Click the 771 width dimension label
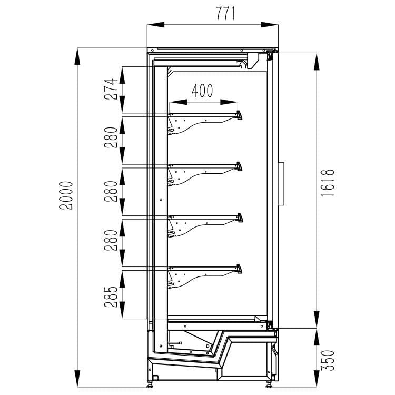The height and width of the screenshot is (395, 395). tap(225, 13)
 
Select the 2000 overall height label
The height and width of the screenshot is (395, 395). tap(66, 195)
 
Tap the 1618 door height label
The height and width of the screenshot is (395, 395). tap(328, 183)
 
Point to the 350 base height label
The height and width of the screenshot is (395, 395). tap(328, 360)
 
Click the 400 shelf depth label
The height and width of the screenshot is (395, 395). tap(202, 91)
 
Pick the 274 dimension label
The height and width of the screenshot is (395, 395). tap(111, 89)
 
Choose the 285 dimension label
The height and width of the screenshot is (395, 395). tap(111, 297)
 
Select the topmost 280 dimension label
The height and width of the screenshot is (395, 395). tap(111, 137)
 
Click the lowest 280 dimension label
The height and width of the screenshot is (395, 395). tap(111, 240)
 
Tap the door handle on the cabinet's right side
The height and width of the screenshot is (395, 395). tap(281, 184)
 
